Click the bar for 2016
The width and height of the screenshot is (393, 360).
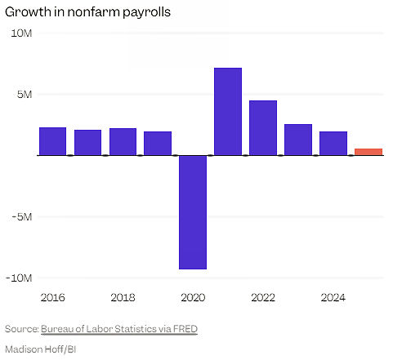[x=52, y=141]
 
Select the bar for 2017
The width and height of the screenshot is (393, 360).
[x=87, y=143]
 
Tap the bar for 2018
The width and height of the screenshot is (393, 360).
[x=123, y=142]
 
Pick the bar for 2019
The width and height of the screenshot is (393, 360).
[x=158, y=144]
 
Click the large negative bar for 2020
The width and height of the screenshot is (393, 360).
[x=193, y=211]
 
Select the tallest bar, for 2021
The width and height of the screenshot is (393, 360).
[x=228, y=112]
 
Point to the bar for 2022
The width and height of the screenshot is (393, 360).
[x=263, y=128]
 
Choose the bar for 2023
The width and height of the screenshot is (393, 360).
[x=298, y=140]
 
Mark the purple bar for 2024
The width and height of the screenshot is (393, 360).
[x=333, y=144]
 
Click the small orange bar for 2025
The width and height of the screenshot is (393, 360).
[x=368, y=152]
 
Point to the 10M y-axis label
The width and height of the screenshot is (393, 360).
[x=21, y=33]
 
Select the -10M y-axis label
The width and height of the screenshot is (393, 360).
[x=20, y=278]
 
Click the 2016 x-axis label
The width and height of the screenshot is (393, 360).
[x=52, y=298]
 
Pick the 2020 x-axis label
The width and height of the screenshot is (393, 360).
[x=193, y=298]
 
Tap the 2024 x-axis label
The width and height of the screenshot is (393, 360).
[x=333, y=298]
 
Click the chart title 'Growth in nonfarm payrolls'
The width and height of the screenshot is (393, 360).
[x=93, y=12]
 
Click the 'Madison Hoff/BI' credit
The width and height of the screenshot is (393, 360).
[x=40, y=349]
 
